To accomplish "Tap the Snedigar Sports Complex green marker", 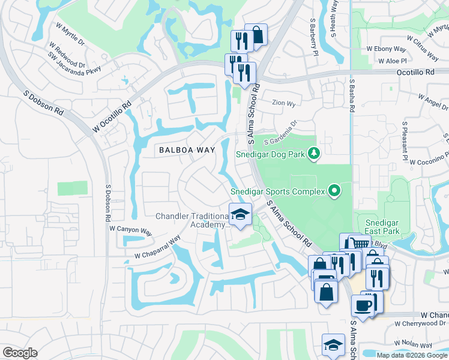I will click(335, 192).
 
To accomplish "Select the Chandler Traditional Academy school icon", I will click(240, 215).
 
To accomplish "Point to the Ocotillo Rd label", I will click(415, 72).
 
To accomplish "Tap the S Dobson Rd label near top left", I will click(43, 103).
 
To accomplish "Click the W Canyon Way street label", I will click(131, 229).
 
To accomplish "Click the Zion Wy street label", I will click(283, 103).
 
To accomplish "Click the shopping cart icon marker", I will click(358, 244).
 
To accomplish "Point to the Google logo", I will click(19, 353).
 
